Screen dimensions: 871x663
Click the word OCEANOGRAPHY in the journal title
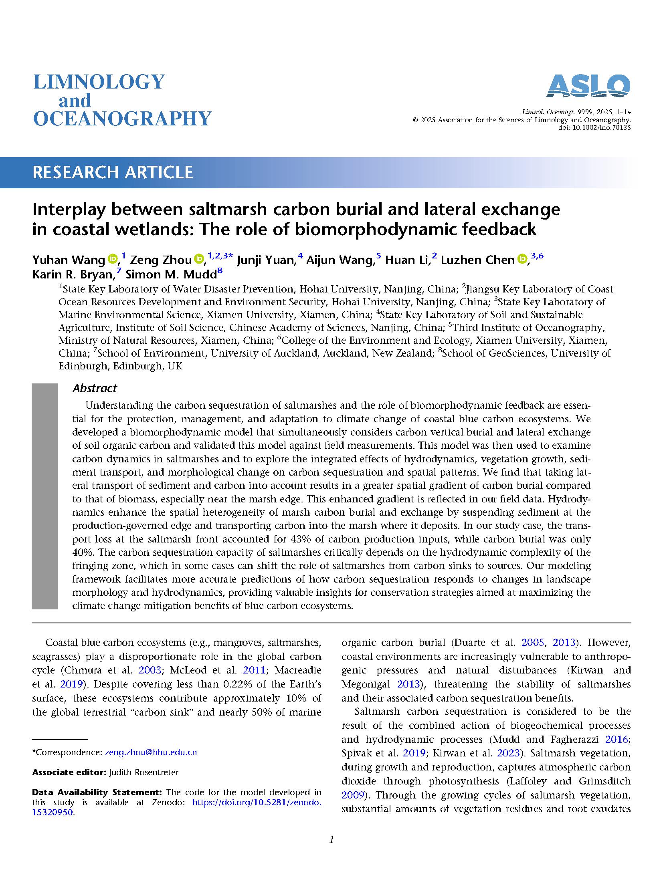(122, 119)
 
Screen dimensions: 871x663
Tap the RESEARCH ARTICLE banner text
(113, 172)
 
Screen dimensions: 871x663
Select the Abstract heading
(95, 388)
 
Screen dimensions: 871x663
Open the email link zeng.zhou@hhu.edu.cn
(151, 752)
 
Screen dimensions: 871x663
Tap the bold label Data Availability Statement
(97, 792)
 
